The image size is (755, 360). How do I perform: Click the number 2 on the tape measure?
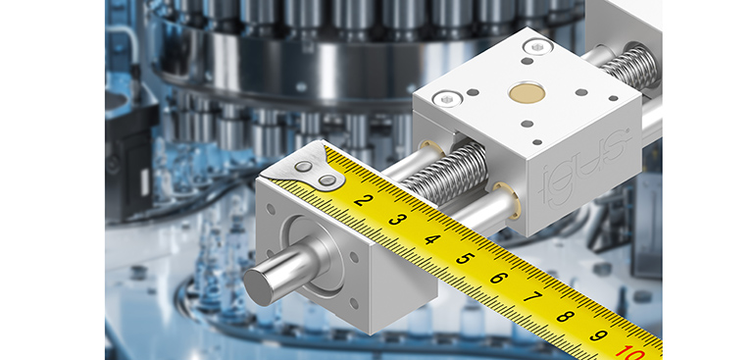[364, 200]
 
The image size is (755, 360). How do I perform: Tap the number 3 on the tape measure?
[397, 220]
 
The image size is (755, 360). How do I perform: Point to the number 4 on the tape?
[432, 239]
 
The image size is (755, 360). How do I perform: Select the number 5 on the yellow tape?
[465, 258]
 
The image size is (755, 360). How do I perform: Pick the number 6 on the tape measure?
[499, 278]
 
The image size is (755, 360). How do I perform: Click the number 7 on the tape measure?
[531, 297]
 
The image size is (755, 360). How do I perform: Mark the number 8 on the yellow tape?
[566, 316]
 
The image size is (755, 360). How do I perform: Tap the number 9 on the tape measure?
[598, 334]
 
